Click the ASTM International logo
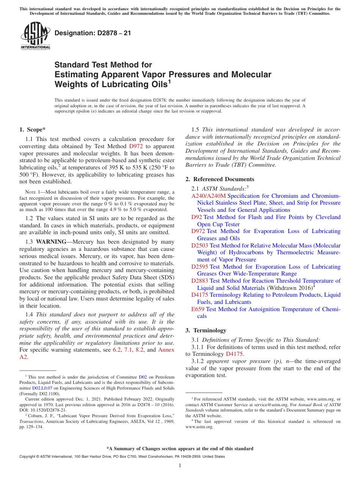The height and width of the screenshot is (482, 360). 35,36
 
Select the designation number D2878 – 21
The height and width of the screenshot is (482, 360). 93,33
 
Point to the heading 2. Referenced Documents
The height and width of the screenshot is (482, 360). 220,179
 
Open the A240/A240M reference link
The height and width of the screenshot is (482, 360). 208,196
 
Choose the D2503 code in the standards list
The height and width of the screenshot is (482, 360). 200,246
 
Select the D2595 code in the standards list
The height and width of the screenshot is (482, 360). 200,267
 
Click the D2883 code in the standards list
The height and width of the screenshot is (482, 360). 200,281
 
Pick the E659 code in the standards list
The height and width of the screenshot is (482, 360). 198,309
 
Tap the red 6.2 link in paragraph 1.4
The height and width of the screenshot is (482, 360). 117,350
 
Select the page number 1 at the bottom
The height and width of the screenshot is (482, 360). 180,466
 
